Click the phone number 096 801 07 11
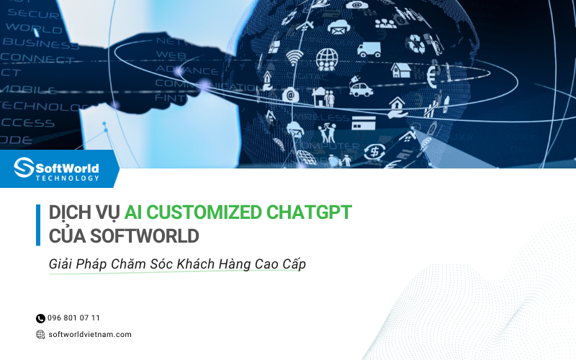click(73, 318)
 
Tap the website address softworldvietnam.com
click(89, 334)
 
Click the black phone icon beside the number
click(40, 318)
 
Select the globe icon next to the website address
click(40, 334)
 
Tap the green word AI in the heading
click(133, 212)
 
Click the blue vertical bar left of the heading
click(38, 225)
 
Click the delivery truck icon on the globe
click(369, 49)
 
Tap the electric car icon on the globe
click(360, 89)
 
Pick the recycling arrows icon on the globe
click(415, 45)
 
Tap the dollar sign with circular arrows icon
click(375, 151)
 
